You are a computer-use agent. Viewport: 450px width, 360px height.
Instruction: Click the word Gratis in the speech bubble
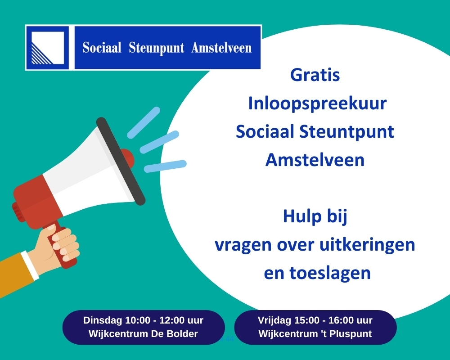pos(315,75)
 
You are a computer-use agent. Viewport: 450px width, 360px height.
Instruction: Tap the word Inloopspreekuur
pos(317,104)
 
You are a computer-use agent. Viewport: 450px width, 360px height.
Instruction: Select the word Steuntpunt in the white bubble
pos(346,132)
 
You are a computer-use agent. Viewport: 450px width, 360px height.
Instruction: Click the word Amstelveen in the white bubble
pos(315,160)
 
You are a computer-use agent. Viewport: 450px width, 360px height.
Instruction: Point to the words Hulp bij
pos(315,217)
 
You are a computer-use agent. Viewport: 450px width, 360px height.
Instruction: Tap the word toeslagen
pos(330,273)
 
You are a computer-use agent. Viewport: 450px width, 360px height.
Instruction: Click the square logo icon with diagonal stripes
pos(47,48)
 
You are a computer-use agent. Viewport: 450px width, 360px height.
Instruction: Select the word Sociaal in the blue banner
pos(102,48)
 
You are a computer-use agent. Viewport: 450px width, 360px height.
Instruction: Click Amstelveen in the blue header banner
pos(221,48)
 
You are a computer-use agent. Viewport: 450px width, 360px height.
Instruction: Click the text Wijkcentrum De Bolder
pos(143,334)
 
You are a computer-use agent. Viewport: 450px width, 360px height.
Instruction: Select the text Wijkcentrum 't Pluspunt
pos(315,334)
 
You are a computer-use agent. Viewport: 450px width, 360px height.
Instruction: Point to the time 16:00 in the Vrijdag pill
pos(341,320)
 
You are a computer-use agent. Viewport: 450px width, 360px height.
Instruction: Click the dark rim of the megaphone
pos(121,161)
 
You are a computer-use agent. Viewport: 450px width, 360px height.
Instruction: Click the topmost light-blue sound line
pos(144,122)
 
